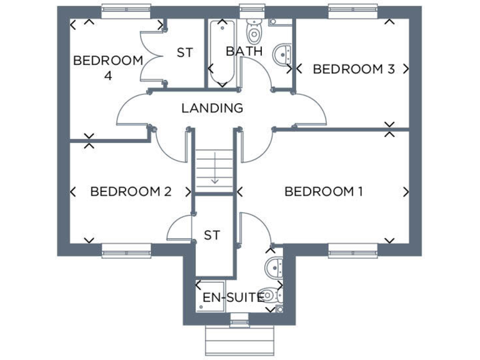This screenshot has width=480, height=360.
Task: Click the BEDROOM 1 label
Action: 323,191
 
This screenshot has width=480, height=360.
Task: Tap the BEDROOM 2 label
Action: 131,191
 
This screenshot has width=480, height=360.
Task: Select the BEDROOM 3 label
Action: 353,69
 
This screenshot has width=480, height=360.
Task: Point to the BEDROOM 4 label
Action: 108,67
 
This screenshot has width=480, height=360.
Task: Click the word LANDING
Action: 212,108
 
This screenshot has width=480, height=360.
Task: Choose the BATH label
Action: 244,51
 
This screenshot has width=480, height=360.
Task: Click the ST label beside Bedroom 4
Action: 184,53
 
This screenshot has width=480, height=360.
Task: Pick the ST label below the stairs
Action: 212,235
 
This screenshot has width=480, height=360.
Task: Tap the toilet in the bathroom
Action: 254,31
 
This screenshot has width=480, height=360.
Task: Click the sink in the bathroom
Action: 283,54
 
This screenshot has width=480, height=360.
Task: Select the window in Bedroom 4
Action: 127,9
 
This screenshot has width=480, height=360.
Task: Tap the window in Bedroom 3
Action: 353,9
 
